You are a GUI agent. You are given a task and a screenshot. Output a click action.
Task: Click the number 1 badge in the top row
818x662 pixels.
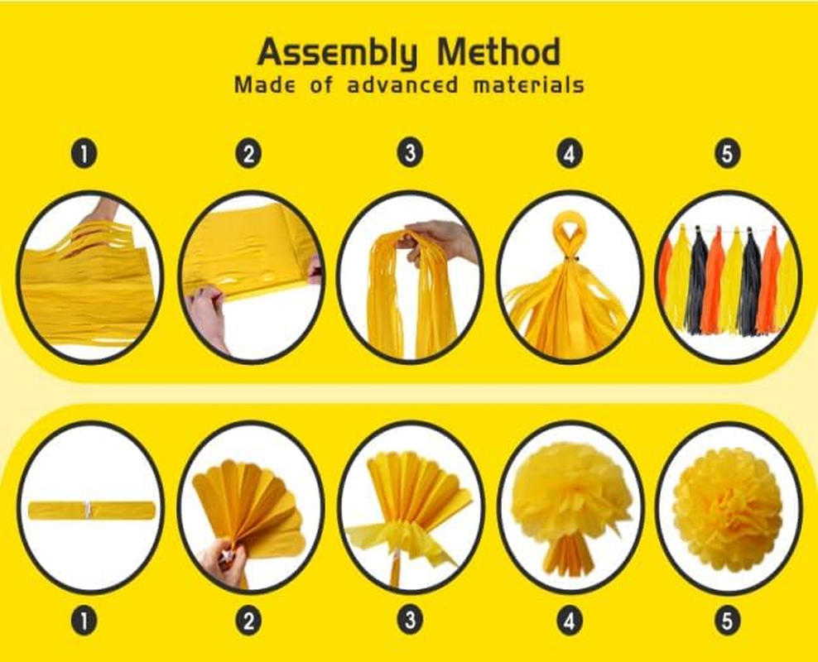(x=84, y=153)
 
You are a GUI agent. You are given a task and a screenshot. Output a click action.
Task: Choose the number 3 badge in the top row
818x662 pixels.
(x=409, y=153)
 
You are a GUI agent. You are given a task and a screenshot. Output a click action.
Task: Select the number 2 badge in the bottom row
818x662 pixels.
(x=248, y=621)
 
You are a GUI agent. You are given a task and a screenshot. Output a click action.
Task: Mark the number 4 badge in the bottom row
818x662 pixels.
(x=570, y=621)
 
